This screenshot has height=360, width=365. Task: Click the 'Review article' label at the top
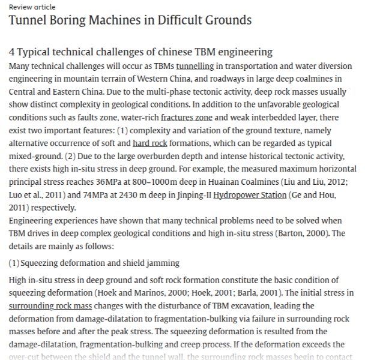32,7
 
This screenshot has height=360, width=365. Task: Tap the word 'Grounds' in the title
224,21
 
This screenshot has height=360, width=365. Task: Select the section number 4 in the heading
12,52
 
